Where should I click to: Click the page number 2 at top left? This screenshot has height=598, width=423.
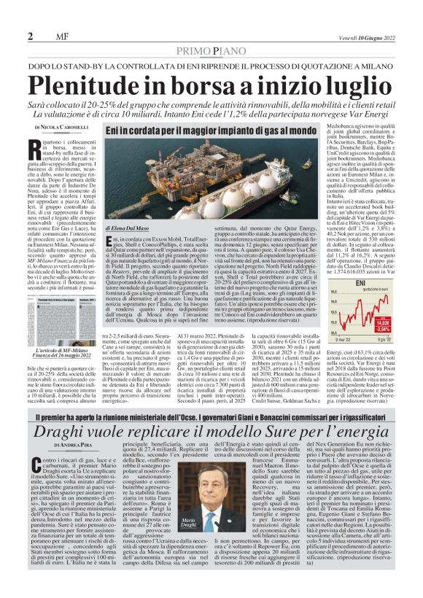(31, 36)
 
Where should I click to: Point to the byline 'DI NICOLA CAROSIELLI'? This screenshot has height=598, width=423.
(55, 128)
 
